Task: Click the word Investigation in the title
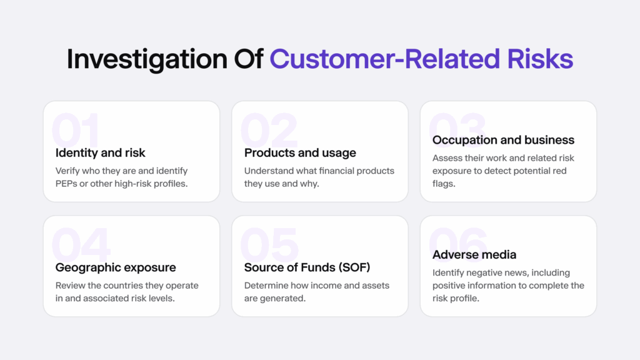point(148,59)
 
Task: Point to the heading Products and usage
point(300,153)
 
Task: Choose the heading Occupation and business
point(503,140)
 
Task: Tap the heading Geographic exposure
point(116,267)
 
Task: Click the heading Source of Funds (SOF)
point(307,267)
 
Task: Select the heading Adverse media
point(474,254)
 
